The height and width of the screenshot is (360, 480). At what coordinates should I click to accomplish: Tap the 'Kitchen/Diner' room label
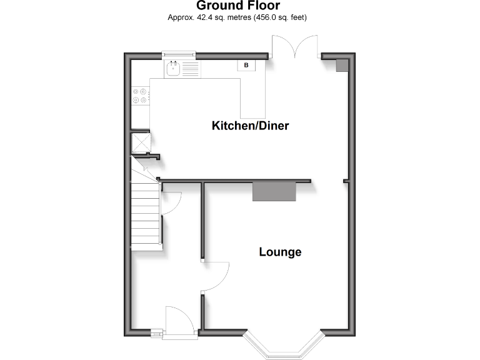[250, 126]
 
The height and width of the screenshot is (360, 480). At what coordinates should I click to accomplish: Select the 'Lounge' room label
[280, 252]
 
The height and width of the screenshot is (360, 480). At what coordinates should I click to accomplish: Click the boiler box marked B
[246, 65]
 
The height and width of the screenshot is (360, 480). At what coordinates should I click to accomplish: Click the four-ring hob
[140, 95]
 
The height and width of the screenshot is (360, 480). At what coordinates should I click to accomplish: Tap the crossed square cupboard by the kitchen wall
[140, 143]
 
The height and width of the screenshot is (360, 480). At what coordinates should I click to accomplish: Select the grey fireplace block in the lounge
[274, 191]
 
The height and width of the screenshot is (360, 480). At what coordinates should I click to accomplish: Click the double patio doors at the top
[297, 47]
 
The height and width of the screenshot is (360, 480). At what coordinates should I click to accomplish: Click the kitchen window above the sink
[178, 54]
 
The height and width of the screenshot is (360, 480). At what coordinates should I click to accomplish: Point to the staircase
[147, 212]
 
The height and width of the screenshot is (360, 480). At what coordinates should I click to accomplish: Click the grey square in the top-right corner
[342, 66]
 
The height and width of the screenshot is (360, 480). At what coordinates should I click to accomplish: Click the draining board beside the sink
[190, 67]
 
